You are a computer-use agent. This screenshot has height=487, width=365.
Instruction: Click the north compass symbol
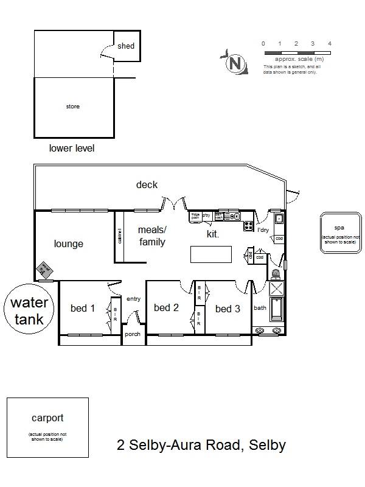234,63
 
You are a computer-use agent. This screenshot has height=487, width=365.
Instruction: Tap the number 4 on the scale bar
329,44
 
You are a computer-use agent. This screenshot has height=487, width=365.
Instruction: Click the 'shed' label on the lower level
126,46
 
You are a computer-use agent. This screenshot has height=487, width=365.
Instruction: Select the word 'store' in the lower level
72,107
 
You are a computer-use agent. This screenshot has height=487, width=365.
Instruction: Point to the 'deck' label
147,185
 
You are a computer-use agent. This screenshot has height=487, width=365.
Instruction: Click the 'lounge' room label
68,244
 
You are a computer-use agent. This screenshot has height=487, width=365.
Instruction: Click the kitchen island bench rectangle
211,254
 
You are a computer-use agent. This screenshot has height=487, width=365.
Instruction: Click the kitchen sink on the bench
232,216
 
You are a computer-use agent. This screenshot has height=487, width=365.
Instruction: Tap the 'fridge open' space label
196,215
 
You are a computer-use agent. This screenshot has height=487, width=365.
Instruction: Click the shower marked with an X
276,289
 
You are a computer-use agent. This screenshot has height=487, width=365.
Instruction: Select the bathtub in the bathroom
276,310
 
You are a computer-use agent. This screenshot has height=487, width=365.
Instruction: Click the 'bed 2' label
166,308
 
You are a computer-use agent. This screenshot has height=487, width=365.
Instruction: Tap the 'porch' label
133,335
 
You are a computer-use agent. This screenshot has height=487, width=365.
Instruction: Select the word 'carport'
47,418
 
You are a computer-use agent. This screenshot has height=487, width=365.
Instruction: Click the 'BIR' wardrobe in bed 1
115,315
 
